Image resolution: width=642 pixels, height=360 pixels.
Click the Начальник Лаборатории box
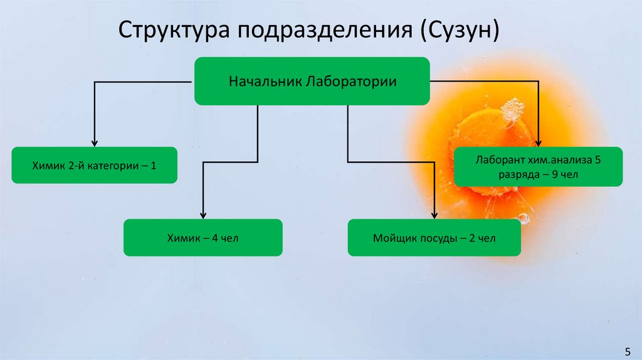[x=312, y=81]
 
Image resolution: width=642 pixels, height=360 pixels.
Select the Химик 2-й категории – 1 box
[x=94, y=165]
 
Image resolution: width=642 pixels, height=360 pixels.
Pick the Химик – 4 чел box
[x=203, y=238]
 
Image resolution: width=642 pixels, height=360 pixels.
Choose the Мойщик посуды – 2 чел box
[x=434, y=238]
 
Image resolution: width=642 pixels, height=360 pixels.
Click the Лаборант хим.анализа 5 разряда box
[x=538, y=167]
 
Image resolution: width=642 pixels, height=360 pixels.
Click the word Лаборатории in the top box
[x=351, y=82]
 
